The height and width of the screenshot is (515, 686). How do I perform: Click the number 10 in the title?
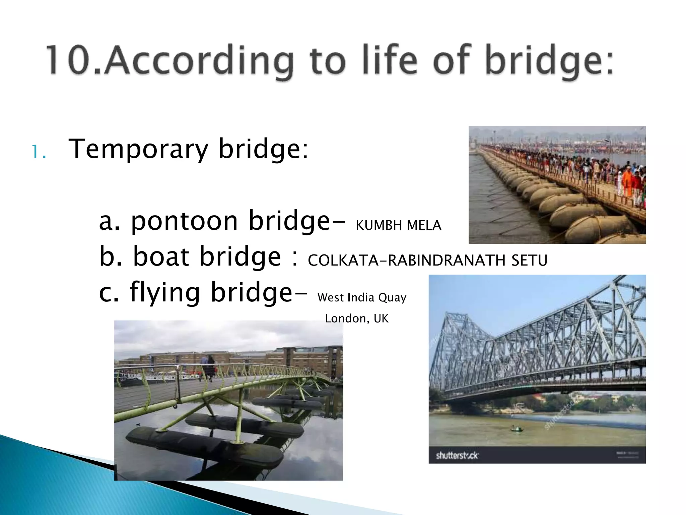point(69,60)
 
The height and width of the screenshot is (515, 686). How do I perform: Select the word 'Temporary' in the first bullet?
point(138,149)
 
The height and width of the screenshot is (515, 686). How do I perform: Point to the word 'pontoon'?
point(184,221)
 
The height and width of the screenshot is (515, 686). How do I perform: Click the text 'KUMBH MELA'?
point(398,225)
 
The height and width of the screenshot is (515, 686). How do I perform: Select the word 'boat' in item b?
point(161,256)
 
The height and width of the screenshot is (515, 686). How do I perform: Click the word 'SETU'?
point(529,261)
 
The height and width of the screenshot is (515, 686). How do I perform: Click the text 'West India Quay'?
point(362,298)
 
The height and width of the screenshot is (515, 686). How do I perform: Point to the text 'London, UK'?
point(357,319)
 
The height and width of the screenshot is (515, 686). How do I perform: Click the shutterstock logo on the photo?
point(457,455)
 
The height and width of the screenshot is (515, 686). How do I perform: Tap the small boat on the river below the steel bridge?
point(516,428)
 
